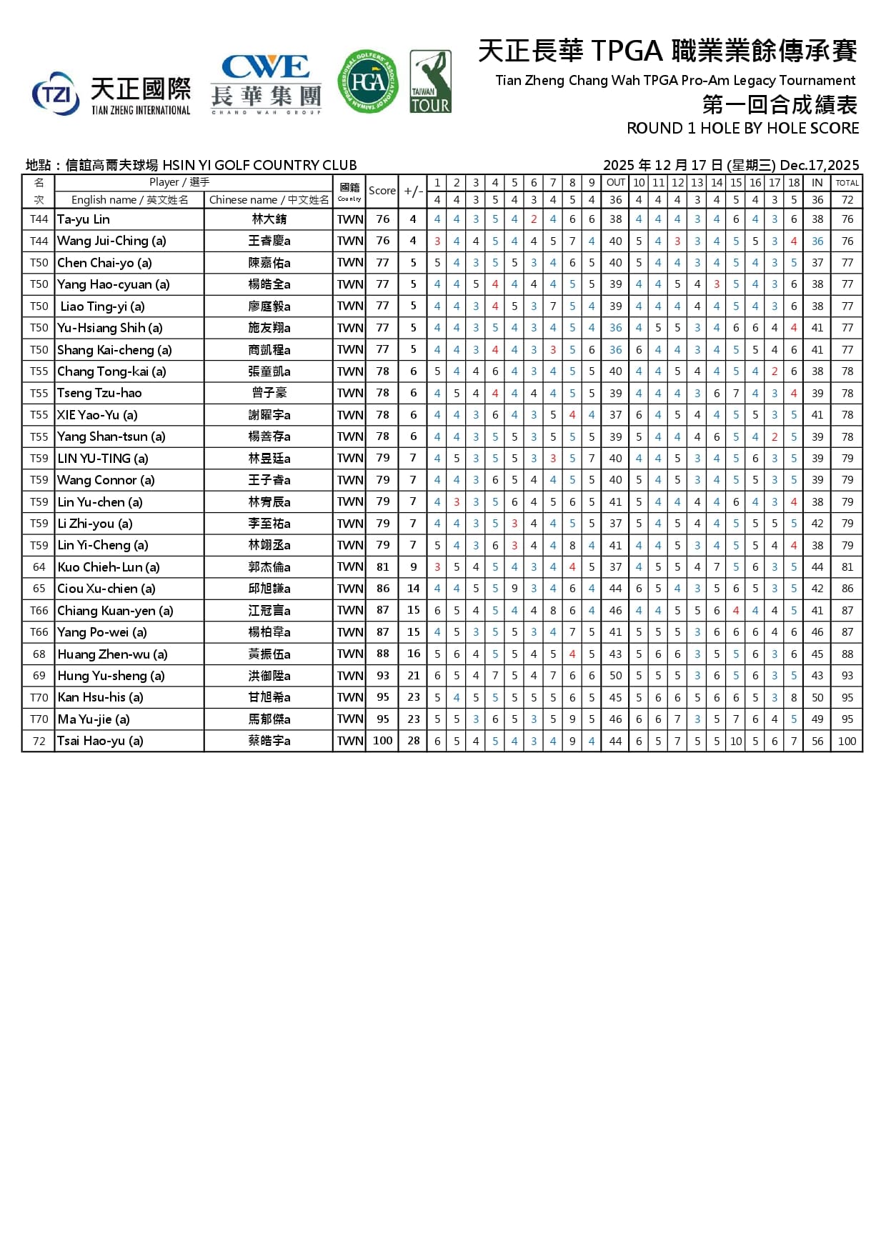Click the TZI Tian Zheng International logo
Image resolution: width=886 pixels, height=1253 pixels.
coord(111,94)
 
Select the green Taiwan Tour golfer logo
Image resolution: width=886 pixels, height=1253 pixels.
coord(430,81)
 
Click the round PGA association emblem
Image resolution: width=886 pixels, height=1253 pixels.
coord(367,81)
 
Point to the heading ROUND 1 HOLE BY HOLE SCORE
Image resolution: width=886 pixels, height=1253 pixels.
coord(742,129)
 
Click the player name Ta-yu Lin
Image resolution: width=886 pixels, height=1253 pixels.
coord(84,219)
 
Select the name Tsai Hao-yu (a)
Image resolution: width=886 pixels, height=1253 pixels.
coord(100,741)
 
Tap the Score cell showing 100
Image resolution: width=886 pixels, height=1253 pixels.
coord(382,741)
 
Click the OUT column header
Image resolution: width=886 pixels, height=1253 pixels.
coord(615,183)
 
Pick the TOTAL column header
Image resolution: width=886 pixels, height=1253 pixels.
coord(847,183)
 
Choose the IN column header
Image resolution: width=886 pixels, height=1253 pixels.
coord(817,183)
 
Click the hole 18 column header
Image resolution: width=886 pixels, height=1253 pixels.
coord(793,183)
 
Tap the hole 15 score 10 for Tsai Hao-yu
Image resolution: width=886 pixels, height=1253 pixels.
coord(736,741)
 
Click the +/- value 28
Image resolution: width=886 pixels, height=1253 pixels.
coord(413,741)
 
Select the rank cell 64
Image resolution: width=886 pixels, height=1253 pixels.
coord(39,567)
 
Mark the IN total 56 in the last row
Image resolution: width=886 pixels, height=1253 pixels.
coord(817,741)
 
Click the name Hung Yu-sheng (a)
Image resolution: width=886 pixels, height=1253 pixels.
coord(111,676)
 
